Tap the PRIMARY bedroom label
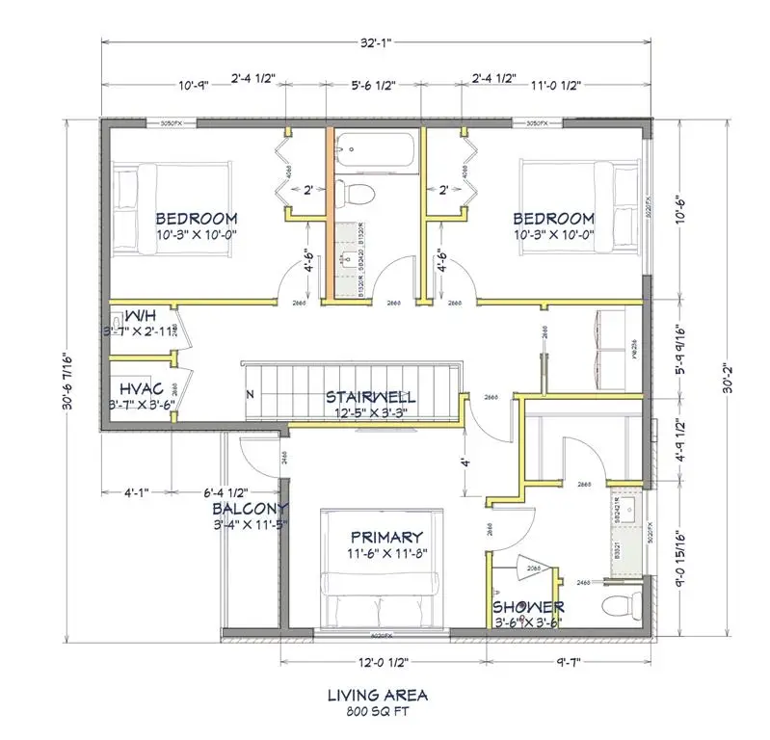coord(386,537)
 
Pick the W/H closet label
coord(140,316)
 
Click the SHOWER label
coord(528,607)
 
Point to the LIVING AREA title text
coord(377,695)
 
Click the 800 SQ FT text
coord(377,713)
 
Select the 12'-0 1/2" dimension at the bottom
coord(384,663)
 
